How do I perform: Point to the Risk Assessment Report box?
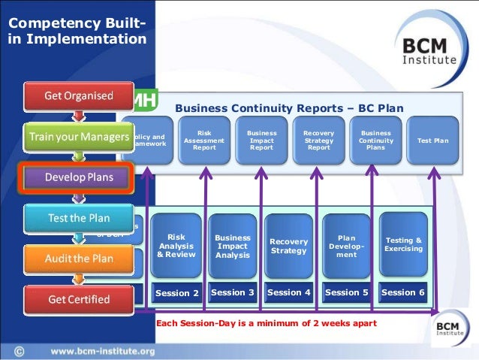(x=204, y=141)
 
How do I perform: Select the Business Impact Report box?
(x=261, y=141)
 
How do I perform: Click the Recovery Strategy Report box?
(x=318, y=141)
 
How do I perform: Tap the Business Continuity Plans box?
(x=375, y=141)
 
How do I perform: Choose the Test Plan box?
(x=432, y=141)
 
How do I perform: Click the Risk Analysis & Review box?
(x=176, y=245)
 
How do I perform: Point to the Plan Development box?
(x=346, y=246)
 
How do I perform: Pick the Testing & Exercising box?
(x=403, y=244)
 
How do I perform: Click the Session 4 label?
(x=289, y=292)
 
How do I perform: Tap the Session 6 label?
(x=403, y=292)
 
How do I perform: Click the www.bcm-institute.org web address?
(x=103, y=351)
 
